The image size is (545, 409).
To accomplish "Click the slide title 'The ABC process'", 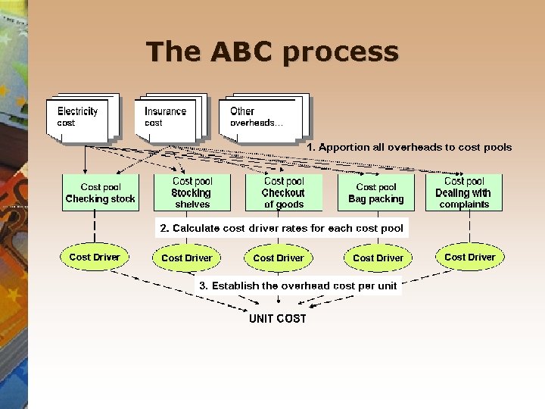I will tap(272, 52).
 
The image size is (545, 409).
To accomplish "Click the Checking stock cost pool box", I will tap(100, 193).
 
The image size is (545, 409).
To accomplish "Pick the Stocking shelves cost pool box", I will tap(192, 193).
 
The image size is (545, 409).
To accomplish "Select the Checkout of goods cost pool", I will tap(284, 193).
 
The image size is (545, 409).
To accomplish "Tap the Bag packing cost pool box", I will tap(376, 193).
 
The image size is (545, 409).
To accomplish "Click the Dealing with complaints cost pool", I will tap(464, 193).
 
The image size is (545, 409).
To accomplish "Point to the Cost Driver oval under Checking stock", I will tap(95, 258).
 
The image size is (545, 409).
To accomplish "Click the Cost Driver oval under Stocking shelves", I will tap(187, 258).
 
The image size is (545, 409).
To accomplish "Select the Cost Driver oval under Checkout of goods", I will tap(279, 258).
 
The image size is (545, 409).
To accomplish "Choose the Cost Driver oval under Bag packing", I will tap(378, 258).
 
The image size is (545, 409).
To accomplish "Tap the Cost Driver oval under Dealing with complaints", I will tap(469, 258).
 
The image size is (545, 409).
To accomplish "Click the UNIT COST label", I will tap(278, 319).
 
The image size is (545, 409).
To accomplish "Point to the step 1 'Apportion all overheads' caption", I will tap(409, 148).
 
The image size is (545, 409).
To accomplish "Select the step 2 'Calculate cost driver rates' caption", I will tap(282, 228).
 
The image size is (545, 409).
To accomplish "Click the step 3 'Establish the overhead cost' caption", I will tap(297, 286).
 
